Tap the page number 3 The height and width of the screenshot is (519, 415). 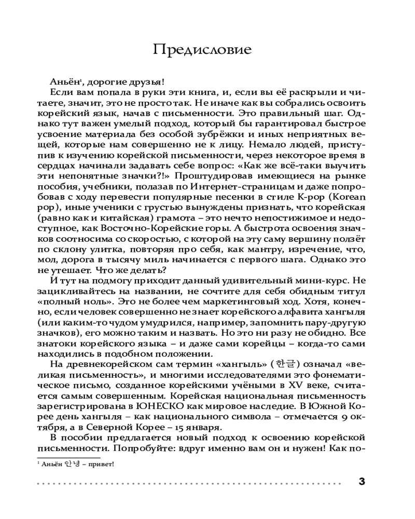click(362, 481)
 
